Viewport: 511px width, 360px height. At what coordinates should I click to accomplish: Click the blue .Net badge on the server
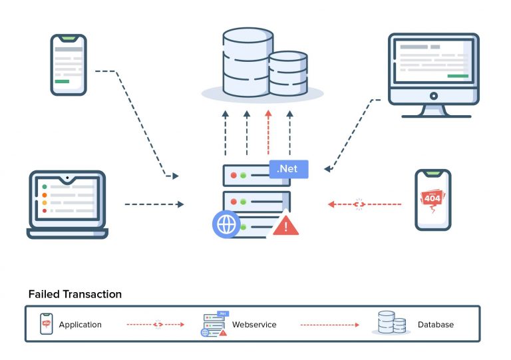pyautogui.click(x=289, y=169)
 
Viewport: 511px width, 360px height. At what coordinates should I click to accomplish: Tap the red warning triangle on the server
pyautogui.click(x=286, y=225)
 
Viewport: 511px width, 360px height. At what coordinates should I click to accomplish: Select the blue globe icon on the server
pyautogui.click(x=226, y=224)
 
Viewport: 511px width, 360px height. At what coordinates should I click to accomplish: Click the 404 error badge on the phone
pyautogui.click(x=432, y=198)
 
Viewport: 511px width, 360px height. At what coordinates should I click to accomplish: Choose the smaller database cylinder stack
pyautogui.click(x=288, y=74)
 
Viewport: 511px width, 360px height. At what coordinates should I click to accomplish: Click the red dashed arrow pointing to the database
pyautogui.click(x=268, y=132)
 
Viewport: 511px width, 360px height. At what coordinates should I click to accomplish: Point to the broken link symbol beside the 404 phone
pyautogui.click(x=360, y=204)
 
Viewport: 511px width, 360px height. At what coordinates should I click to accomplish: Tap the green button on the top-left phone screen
pyautogui.click(x=62, y=81)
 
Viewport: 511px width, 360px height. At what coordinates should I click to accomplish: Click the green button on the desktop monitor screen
pyautogui.click(x=458, y=76)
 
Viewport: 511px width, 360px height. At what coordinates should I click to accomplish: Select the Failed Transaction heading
pyautogui.click(x=75, y=294)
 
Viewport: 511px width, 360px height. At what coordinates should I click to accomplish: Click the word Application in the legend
pyautogui.click(x=80, y=325)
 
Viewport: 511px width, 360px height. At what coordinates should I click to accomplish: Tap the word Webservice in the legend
pyautogui.click(x=254, y=325)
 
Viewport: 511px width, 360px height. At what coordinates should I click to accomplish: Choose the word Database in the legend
pyautogui.click(x=436, y=325)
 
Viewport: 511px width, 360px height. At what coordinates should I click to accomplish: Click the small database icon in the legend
pyautogui.click(x=391, y=323)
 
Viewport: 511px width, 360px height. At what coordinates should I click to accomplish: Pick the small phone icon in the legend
pyautogui.click(x=46, y=324)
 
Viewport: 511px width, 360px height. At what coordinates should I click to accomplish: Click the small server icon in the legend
pyautogui.click(x=214, y=324)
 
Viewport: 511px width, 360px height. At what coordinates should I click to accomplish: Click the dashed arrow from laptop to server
pyautogui.click(x=153, y=204)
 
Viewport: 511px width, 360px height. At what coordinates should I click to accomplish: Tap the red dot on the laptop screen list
pyautogui.click(x=44, y=210)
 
